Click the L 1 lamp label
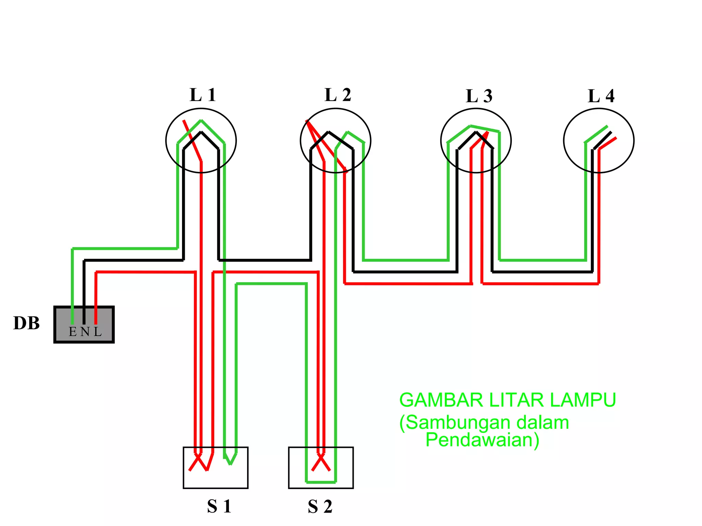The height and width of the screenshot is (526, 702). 203,95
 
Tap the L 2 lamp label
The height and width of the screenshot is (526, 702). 338,95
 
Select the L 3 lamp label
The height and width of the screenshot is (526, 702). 479,96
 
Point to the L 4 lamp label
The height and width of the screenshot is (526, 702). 601,96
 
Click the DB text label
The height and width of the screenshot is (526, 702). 26,323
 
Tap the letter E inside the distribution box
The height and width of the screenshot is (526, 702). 73,332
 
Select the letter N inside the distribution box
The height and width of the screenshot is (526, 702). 85,332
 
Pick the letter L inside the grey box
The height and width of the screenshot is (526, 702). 98,332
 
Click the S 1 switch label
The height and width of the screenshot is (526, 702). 219,506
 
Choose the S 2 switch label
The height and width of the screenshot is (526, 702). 320,506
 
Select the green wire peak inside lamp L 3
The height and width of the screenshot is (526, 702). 470,126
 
